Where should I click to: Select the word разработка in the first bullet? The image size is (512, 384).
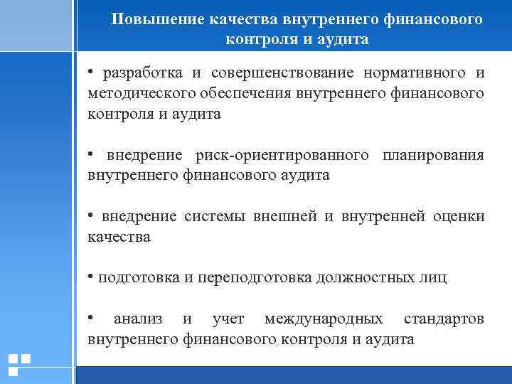(142, 73)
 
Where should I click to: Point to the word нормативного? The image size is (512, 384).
(412, 73)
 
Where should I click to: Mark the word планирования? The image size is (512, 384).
(433, 155)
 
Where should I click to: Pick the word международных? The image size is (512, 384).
(324, 319)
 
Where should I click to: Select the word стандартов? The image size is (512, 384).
(444, 319)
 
